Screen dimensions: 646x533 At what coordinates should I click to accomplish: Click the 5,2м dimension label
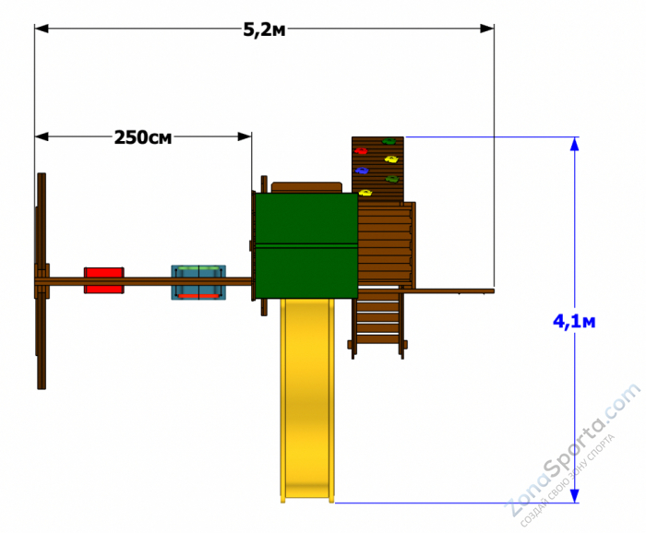(264, 30)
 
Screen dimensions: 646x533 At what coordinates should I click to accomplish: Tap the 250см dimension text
(143, 137)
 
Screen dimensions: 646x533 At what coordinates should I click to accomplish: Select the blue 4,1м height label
(574, 322)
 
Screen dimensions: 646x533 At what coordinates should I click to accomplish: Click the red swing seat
(103, 280)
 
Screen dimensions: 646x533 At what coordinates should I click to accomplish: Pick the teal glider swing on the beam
(198, 282)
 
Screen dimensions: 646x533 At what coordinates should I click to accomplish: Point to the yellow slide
(307, 399)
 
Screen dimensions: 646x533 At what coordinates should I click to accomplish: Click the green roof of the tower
(306, 245)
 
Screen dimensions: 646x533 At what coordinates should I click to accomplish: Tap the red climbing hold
(361, 151)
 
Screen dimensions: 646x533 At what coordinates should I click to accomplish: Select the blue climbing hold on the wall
(362, 170)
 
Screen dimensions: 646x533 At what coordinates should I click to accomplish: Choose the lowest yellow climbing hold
(365, 192)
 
